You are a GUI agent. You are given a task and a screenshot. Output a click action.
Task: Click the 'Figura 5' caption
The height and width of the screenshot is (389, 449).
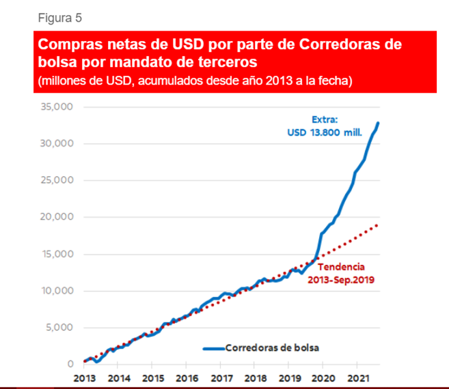tap(59, 16)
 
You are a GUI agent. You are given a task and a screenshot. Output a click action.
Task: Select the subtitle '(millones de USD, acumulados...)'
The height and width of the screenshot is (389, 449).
tap(195, 81)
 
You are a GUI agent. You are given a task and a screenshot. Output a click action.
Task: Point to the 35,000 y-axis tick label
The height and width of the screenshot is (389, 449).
tap(57, 107)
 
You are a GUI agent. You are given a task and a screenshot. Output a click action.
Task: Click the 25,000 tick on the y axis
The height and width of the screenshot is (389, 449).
tap(57, 180)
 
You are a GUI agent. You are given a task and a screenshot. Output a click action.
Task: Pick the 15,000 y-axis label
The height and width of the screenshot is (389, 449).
tap(57, 254)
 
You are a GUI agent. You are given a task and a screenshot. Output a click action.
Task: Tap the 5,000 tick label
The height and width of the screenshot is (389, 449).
tap(60, 328)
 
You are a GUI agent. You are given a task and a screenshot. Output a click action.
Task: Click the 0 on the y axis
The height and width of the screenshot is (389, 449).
tap(70, 364)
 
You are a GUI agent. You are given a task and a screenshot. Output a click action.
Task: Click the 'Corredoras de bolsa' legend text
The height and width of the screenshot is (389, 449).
tap(272, 347)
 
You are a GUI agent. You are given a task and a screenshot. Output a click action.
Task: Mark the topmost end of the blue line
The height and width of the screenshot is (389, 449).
tap(378, 123)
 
